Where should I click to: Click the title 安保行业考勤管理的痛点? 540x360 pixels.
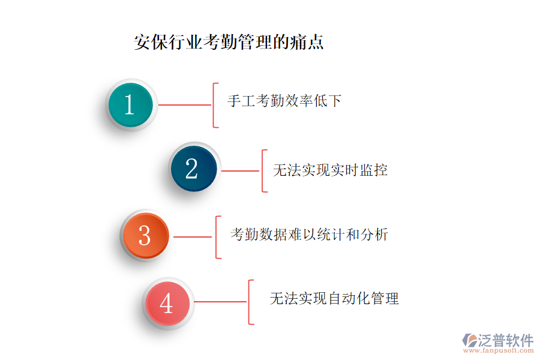(229, 42)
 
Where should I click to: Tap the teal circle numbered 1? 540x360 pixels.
(131, 105)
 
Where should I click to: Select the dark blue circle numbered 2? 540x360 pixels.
(194, 169)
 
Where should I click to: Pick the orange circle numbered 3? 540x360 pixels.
(146, 236)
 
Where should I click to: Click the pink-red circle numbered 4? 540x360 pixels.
(168, 303)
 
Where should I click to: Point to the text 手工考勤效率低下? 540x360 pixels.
(284, 101)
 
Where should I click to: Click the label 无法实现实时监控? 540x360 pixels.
(330, 170)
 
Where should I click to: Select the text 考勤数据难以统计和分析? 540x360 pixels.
(309, 234)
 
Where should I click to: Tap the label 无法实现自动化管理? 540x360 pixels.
(334, 298)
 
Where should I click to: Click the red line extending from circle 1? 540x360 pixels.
(185, 105)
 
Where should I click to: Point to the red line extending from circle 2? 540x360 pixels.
(241, 171)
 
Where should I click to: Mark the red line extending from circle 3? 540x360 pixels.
(193, 237)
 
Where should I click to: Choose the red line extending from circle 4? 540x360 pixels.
(220, 302)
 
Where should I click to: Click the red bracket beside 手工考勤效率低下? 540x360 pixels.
(214, 105)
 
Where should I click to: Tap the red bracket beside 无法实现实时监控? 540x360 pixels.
(263, 171)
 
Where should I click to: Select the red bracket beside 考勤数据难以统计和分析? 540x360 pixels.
(216, 237)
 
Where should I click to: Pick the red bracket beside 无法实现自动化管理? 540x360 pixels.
(249, 302)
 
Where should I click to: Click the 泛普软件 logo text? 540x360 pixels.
(506, 340)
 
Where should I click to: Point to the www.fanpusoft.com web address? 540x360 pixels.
(499, 350)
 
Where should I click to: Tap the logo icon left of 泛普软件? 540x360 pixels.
(470, 340)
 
